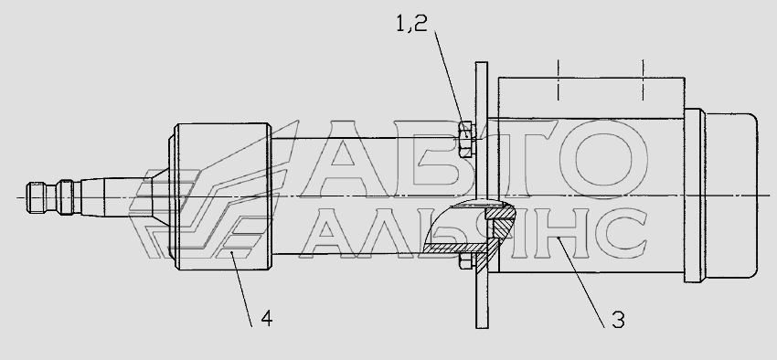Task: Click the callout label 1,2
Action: tap(411, 23)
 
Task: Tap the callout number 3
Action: tap(618, 321)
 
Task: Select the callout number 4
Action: tap(266, 319)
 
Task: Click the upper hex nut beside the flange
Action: tap(467, 140)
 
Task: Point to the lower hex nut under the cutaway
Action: tap(466, 261)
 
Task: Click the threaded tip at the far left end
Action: tap(37, 197)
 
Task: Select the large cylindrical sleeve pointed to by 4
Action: tap(220, 196)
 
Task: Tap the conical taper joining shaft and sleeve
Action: tap(161, 196)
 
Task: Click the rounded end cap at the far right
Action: tap(731, 196)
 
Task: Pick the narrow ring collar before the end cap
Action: tap(695, 196)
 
